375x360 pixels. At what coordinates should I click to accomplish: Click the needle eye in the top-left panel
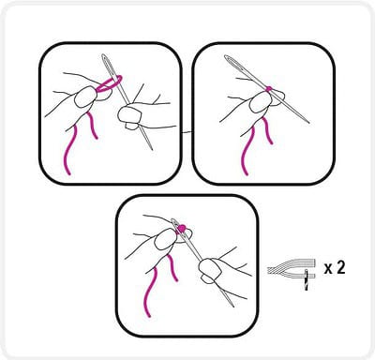108,64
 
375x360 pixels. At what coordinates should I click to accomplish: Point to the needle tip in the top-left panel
152,150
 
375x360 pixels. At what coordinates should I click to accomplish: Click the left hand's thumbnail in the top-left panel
84,97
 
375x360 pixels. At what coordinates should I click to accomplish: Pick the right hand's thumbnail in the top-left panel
128,114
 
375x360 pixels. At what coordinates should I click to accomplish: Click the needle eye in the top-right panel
233,63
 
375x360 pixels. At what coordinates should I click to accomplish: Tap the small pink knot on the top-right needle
268,89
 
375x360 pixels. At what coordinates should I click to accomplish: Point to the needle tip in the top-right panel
308,123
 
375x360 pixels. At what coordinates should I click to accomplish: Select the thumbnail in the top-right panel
260,102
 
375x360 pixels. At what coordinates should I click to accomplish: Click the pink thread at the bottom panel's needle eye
181,228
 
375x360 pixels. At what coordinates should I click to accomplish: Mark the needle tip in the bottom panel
232,306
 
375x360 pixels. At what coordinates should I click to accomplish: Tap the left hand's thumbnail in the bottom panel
165,239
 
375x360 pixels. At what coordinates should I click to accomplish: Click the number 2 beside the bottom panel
340,268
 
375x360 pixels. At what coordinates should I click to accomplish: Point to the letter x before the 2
328,270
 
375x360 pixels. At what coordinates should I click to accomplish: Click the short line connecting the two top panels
187,132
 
